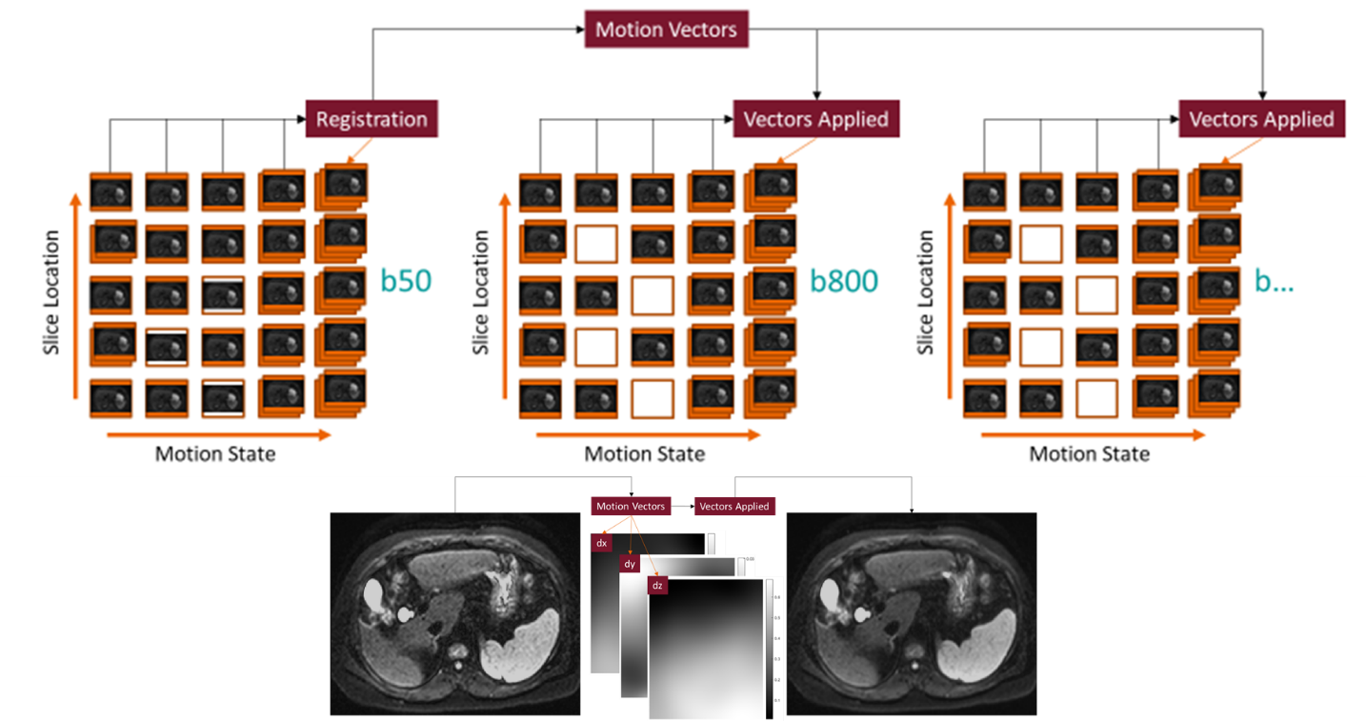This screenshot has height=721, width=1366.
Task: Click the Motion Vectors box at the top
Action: (x=666, y=30)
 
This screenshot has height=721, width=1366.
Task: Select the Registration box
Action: (x=372, y=119)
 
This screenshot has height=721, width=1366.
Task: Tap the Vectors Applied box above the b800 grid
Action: (x=815, y=119)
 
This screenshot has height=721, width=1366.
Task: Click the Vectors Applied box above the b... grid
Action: (x=1261, y=119)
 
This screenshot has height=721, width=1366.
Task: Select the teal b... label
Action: (x=1274, y=281)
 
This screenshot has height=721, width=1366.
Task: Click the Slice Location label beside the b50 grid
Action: (x=51, y=292)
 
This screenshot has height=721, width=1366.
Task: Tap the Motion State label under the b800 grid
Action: (x=645, y=453)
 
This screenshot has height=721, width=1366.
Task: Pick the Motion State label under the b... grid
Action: (x=1090, y=453)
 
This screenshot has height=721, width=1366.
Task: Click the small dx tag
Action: (x=601, y=543)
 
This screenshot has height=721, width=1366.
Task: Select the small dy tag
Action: (x=629, y=564)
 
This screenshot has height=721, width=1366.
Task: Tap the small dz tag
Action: (x=657, y=586)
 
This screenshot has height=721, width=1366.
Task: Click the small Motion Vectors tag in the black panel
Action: (x=630, y=506)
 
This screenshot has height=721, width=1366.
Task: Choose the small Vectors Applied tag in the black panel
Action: (x=733, y=506)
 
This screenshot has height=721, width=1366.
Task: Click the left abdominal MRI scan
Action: (x=454, y=614)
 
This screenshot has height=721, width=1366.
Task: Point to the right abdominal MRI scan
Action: (x=912, y=614)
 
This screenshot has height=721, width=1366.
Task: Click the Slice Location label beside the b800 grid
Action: (x=482, y=292)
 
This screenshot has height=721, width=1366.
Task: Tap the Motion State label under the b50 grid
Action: (x=215, y=453)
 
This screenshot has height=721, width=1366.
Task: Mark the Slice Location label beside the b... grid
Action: (x=926, y=292)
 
